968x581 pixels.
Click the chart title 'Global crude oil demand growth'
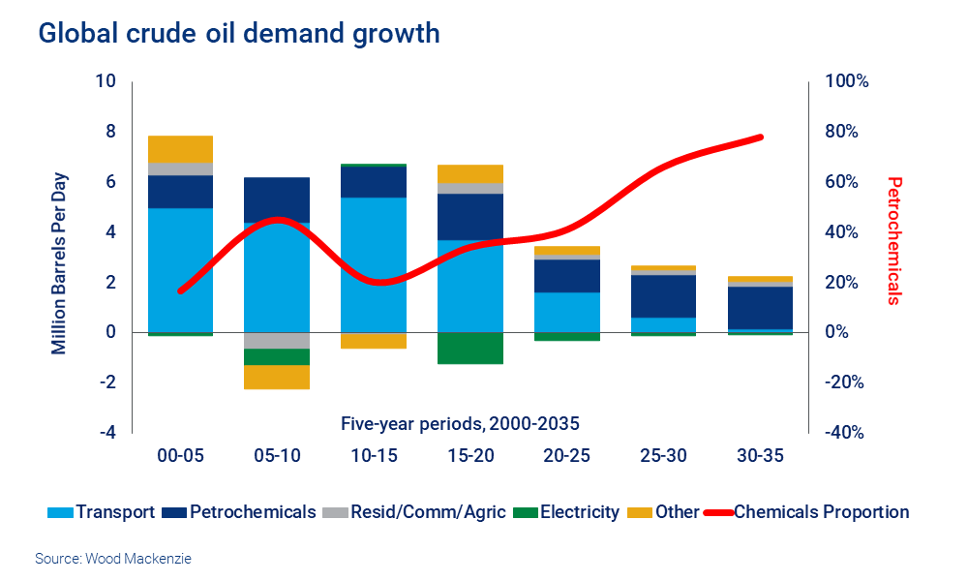[x=239, y=34]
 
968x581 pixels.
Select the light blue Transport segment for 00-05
[x=180, y=271]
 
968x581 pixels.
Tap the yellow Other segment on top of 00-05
[x=180, y=149]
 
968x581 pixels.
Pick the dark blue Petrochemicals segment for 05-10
[x=277, y=199]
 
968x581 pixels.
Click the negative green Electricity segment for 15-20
[x=469, y=349]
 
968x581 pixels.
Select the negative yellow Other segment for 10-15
[x=373, y=341]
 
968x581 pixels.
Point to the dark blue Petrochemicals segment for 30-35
[x=760, y=308]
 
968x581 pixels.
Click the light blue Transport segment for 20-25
[x=566, y=312]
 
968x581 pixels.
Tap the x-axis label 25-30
[x=663, y=456]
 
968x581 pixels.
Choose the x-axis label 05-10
[x=277, y=456]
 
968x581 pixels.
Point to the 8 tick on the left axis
[x=110, y=132]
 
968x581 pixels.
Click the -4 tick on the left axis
[x=106, y=433]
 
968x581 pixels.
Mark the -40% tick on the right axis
[x=844, y=433]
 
